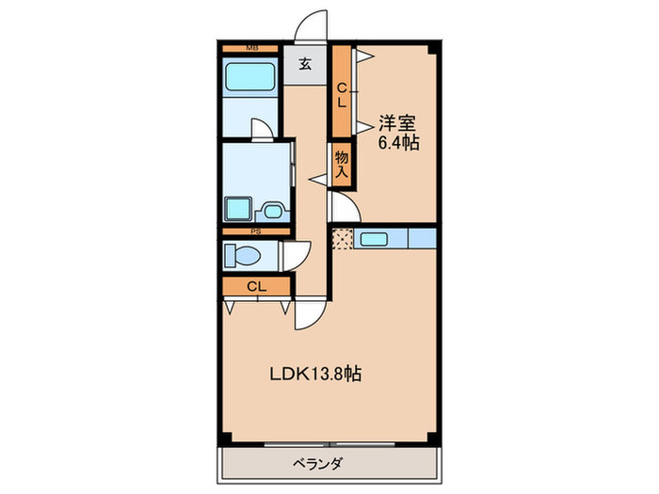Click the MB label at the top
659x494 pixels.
[251, 47]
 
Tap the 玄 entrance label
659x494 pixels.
[306, 65]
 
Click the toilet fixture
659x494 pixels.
[244, 255]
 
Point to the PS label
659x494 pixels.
[253, 230]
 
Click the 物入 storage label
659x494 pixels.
[342, 166]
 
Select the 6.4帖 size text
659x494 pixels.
[399, 143]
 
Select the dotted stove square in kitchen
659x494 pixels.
[341, 239]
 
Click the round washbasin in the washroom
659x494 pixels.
[274, 211]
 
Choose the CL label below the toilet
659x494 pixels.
[255, 287]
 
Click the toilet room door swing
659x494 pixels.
[298, 254]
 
